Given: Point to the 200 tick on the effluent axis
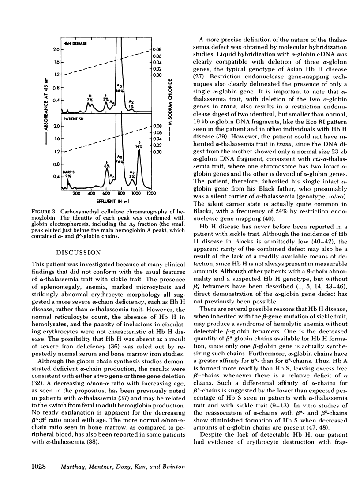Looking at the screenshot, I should tap(76, 194).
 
